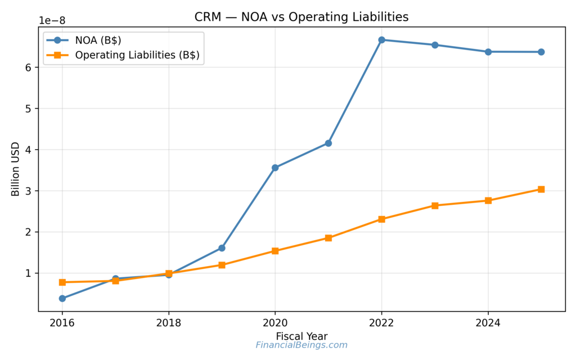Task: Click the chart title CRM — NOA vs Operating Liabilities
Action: coord(301,17)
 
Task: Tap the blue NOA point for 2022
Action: coord(381,40)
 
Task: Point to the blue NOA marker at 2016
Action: coord(62,298)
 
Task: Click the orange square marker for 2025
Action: coord(541,189)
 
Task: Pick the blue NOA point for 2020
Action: coord(275,168)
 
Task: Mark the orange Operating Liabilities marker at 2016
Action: coord(62,282)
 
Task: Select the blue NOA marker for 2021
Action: coord(328,143)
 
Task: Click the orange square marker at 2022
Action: coord(381,219)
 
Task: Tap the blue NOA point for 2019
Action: coord(222,247)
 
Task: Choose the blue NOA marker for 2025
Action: coord(541,52)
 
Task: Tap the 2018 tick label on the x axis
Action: coord(168,323)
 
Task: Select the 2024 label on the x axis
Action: coord(488,323)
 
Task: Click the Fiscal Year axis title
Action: coord(301,336)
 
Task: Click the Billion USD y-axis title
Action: coord(16,169)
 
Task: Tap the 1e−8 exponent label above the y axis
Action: coord(52,21)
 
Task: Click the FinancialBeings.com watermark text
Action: coord(301,345)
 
